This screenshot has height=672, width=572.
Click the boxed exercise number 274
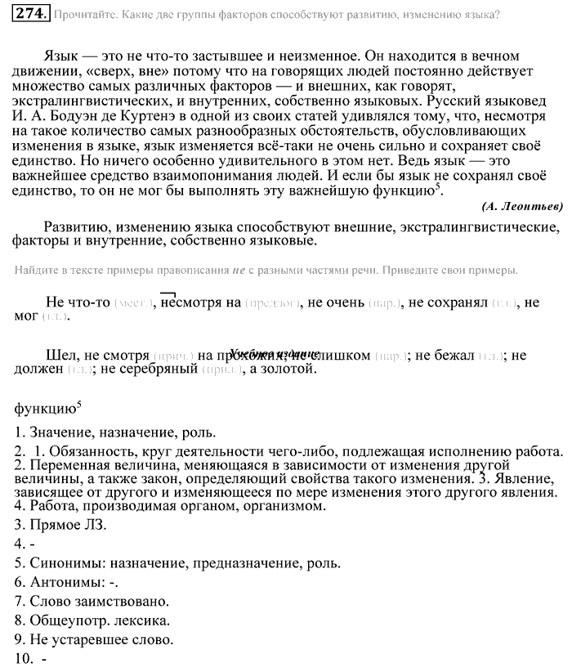(31, 14)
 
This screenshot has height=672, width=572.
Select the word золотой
(288, 370)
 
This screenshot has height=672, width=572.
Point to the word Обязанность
(93, 451)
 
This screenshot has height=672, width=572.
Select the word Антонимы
(65, 583)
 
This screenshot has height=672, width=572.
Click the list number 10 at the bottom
(22, 660)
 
